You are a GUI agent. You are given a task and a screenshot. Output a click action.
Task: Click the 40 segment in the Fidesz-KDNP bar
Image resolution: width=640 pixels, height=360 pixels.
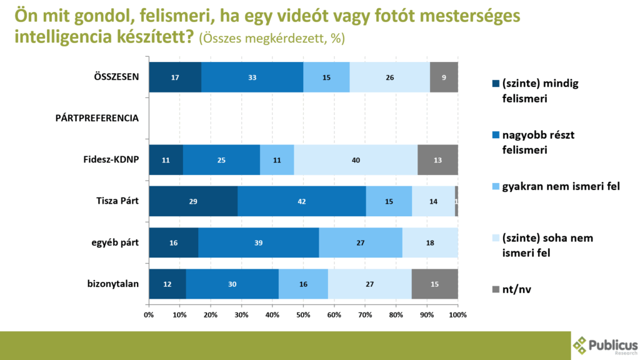click(355, 160)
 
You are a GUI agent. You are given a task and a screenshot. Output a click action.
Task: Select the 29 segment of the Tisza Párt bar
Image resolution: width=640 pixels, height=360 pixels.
click(193, 201)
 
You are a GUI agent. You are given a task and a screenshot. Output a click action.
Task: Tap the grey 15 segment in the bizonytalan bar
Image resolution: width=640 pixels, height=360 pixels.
click(434, 284)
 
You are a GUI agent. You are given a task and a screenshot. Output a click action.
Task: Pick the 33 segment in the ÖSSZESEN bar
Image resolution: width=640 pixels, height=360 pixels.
click(252, 77)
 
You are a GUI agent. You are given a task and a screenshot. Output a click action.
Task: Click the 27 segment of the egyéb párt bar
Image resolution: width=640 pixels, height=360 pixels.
click(361, 242)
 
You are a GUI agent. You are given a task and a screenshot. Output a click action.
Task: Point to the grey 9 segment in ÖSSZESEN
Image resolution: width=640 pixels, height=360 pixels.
click(444, 77)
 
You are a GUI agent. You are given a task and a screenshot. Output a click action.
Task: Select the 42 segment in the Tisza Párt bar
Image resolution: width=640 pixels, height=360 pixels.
click(301, 201)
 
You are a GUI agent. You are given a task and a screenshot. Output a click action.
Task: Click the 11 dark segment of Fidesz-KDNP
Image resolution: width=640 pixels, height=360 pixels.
click(166, 160)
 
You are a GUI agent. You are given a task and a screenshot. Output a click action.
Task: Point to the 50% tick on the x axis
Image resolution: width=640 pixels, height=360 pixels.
click(304, 315)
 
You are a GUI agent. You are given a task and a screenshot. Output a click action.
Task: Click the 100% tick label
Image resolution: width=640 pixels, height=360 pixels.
click(458, 315)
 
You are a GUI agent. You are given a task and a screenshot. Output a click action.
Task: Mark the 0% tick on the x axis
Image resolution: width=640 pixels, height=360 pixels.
click(149, 315)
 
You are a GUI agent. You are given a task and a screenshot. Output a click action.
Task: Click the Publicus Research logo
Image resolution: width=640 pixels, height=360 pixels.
click(605, 346)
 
